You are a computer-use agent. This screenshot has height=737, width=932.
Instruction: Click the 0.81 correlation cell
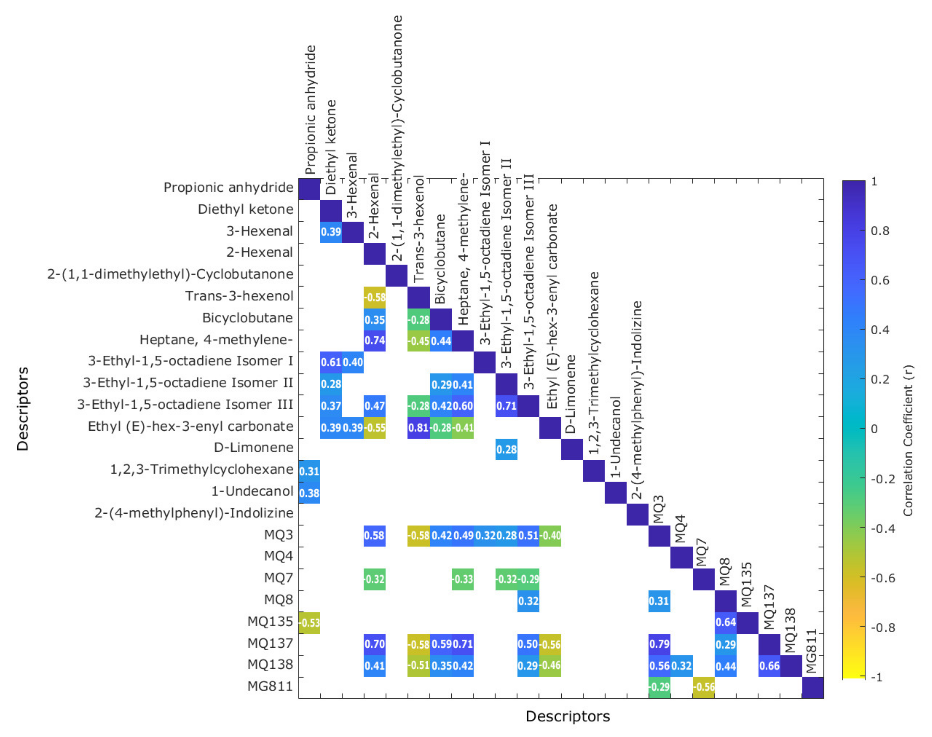tap(418, 428)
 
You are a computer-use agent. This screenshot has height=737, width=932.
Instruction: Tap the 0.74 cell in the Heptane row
tap(374, 341)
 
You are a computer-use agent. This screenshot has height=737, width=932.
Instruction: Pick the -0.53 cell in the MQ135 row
tap(309, 623)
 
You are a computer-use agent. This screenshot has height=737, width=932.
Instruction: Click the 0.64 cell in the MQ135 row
tap(725, 623)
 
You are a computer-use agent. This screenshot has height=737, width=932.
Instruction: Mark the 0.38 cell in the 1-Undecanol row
tap(309, 493)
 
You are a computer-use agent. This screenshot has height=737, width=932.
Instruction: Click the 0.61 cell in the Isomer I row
tap(331, 362)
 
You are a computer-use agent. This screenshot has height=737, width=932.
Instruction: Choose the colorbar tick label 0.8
tap(880, 231)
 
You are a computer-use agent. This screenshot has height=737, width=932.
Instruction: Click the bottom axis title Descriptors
tap(568, 716)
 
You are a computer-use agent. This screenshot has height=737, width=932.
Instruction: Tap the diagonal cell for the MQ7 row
tap(703, 579)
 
